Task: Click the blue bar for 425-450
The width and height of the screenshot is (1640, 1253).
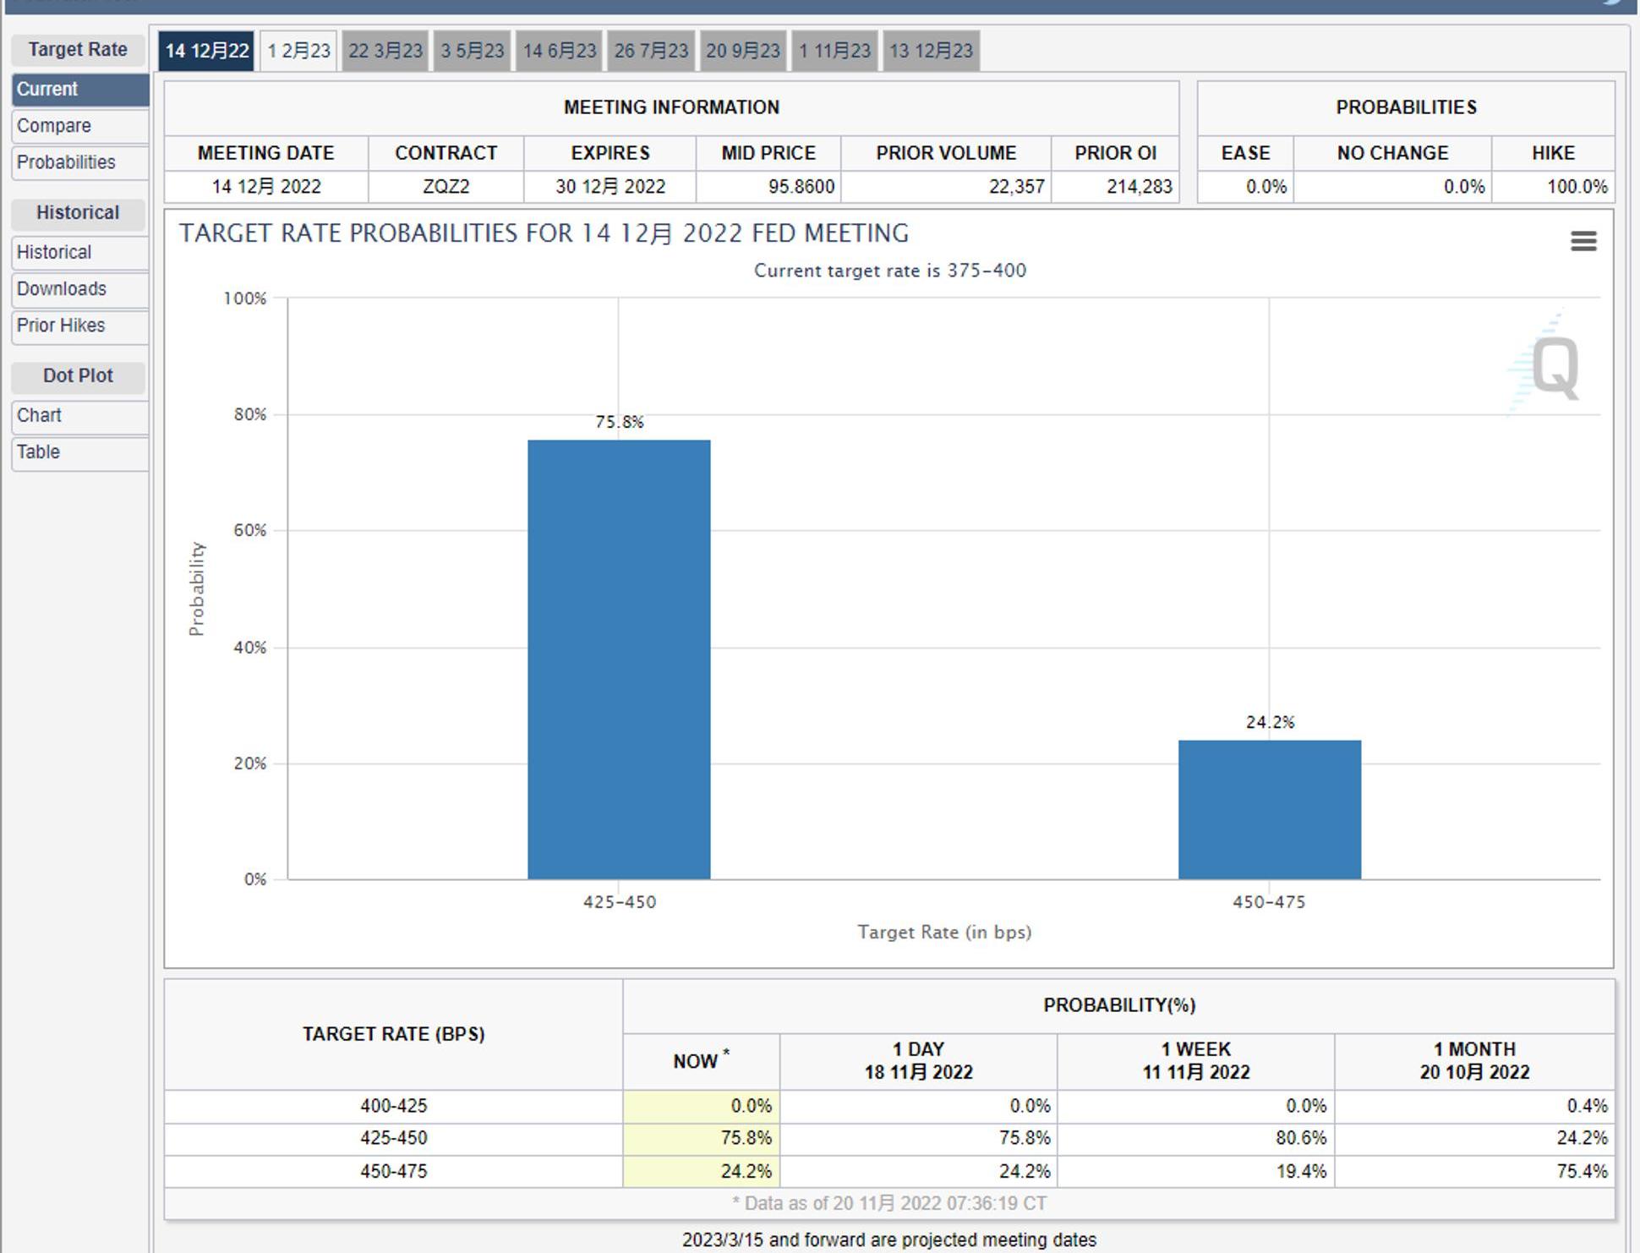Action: (x=619, y=659)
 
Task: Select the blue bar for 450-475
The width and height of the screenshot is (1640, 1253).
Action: (x=1270, y=809)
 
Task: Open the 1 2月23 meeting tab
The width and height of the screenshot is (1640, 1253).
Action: (x=298, y=51)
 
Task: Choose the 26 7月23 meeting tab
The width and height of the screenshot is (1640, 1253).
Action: (x=651, y=51)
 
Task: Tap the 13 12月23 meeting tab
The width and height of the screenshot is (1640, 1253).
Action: (x=931, y=51)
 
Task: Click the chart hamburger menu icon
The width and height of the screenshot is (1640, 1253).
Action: (x=1583, y=242)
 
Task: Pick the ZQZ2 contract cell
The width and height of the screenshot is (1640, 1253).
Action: (x=446, y=187)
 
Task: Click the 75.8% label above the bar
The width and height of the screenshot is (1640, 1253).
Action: (x=620, y=422)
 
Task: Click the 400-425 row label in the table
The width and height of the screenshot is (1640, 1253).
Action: (x=393, y=1106)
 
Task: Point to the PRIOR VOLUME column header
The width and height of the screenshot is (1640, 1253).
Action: (x=946, y=153)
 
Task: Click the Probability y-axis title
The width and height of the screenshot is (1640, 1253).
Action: (x=197, y=588)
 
